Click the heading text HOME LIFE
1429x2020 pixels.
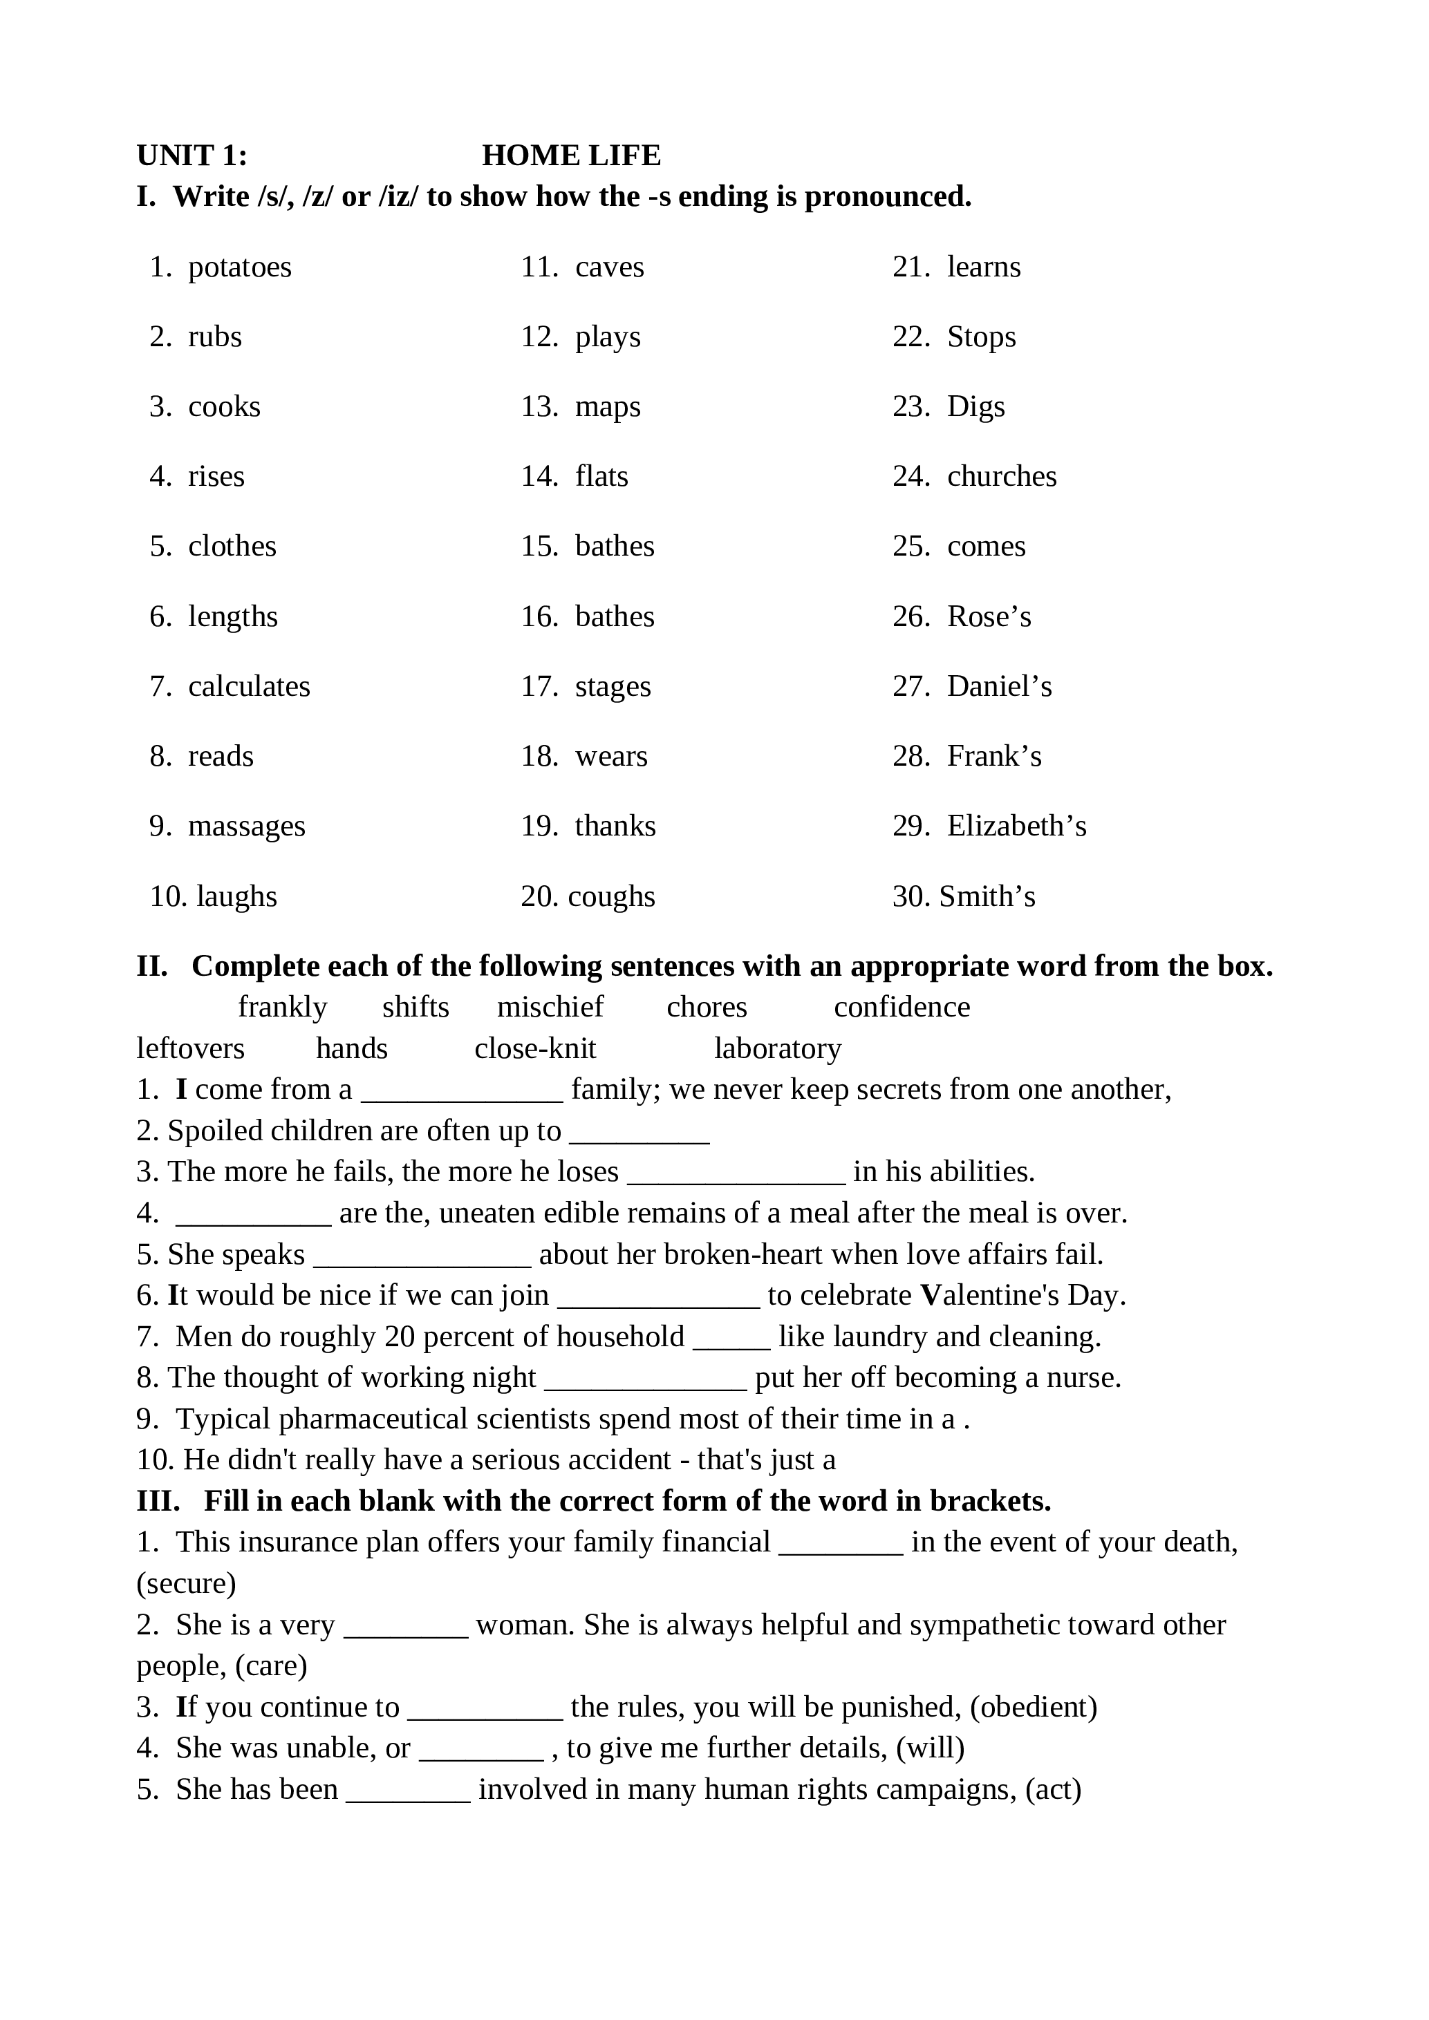click(571, 155)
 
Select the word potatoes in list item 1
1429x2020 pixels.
click(239, 267)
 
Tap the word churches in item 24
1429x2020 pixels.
click(1001, 476)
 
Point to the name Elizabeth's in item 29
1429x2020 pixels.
click(1016, 826)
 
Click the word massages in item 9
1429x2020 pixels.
click(246, 826)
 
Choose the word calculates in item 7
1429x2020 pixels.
click(249, 686)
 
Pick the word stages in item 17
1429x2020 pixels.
click(613, 686)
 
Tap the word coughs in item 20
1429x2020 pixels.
click(612, 896)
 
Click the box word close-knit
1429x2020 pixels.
click(535, 1049)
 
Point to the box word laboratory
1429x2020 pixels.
click(777, 1049)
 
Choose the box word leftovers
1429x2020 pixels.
click(190, 1049)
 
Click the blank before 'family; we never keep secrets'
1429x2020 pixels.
click(462, 1091)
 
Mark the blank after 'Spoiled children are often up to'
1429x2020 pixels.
click(639, 1132)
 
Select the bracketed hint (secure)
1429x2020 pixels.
click(186, 1584)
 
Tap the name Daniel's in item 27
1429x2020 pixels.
click(999, 686)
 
